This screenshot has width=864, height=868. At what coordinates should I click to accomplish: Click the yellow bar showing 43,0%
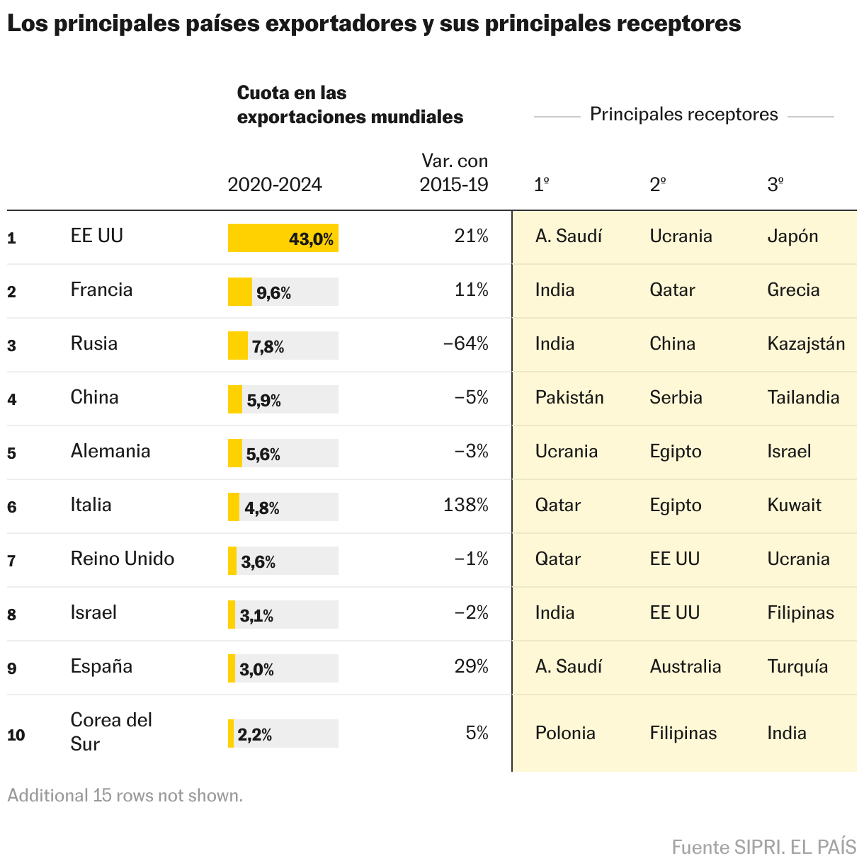tap(283, 238)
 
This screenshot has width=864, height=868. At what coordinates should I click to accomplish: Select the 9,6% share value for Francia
tap(273, 292)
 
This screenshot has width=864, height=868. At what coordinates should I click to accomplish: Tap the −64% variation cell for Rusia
tap(465, 344)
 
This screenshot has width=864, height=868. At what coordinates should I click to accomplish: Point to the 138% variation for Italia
tap(465, 506)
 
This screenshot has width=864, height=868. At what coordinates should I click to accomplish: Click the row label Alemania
tap(110, 452)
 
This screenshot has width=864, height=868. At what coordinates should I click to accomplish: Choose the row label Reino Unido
tap(123, 559)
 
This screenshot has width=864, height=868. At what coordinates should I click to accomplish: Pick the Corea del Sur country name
tap(111, 732)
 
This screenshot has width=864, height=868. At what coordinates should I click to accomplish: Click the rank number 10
tap(16, 735)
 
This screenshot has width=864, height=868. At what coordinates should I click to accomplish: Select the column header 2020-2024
tap(275, 185)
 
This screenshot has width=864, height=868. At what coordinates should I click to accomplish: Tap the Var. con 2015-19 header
tap(454, 173)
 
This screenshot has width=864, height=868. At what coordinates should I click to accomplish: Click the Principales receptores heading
tap(683, 115)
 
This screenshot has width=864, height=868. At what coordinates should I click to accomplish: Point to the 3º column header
tap(775, 185)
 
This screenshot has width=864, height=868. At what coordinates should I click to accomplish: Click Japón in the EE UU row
tap(792, 236)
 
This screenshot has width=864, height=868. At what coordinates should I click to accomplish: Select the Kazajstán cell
tap(806, 344)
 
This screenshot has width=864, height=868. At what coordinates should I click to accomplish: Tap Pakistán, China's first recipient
tap(569, 398)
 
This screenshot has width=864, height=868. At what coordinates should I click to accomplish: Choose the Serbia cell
tap(676, 398)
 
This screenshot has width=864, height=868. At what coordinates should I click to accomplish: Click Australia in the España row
tap(685, 667)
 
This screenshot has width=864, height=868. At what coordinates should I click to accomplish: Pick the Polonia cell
tap(565, 733)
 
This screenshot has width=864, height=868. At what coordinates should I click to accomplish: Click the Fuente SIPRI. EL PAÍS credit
tap(763, 847)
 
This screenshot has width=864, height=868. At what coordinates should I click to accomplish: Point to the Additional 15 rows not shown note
tap(125, 796)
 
